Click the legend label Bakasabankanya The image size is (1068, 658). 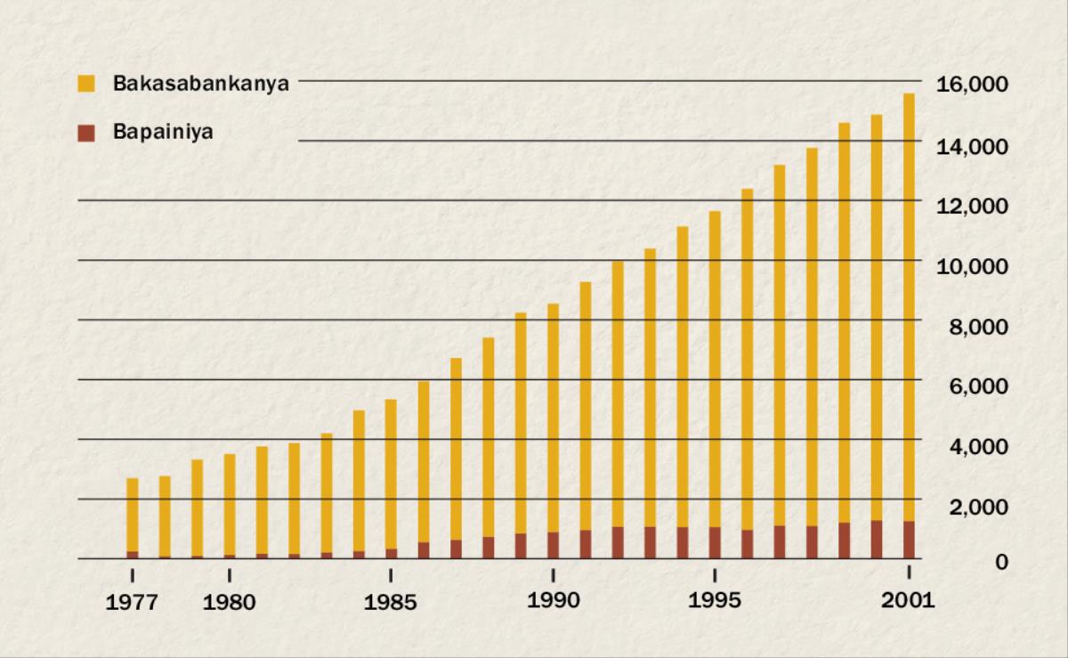(x=200, y=85)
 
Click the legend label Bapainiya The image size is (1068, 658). (x=162, y=134)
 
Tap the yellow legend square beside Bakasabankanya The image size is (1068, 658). (x=86, y=85)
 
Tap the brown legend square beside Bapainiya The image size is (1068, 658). (x=86, y=134)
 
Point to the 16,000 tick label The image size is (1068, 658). (x=972, y=85)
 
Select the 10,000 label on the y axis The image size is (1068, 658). (x=972, y=265)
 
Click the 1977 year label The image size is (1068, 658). (x=132, y=603)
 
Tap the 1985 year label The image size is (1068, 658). (x=391, y=603)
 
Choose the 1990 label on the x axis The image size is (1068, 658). (x=553, y=601)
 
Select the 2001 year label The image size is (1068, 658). (x=909, y=601)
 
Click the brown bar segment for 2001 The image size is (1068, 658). (x=909, y=540)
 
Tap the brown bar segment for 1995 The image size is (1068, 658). (x=715, y=542)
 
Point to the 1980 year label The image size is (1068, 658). (x=229, y=603)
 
